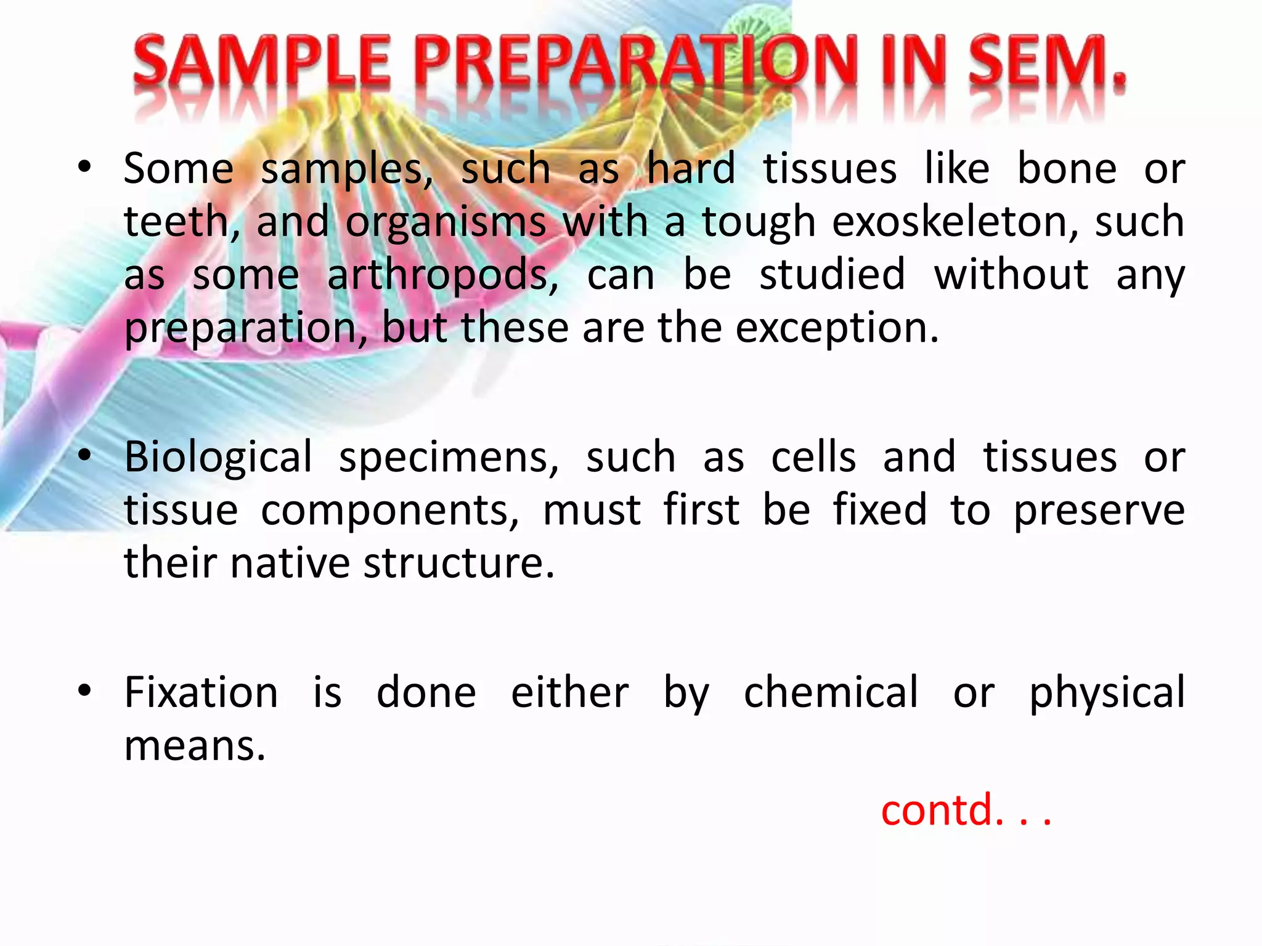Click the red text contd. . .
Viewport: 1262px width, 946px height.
964,810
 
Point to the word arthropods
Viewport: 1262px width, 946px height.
442,275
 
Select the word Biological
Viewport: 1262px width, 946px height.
218,458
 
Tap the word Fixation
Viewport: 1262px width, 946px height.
201,693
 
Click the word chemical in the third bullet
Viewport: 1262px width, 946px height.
831,693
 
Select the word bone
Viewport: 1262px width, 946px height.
1066,169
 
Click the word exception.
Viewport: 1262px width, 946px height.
837,328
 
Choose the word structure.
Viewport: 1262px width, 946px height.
458,564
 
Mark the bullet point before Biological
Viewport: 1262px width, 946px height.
85,456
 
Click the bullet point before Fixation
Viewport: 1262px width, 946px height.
85,690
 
